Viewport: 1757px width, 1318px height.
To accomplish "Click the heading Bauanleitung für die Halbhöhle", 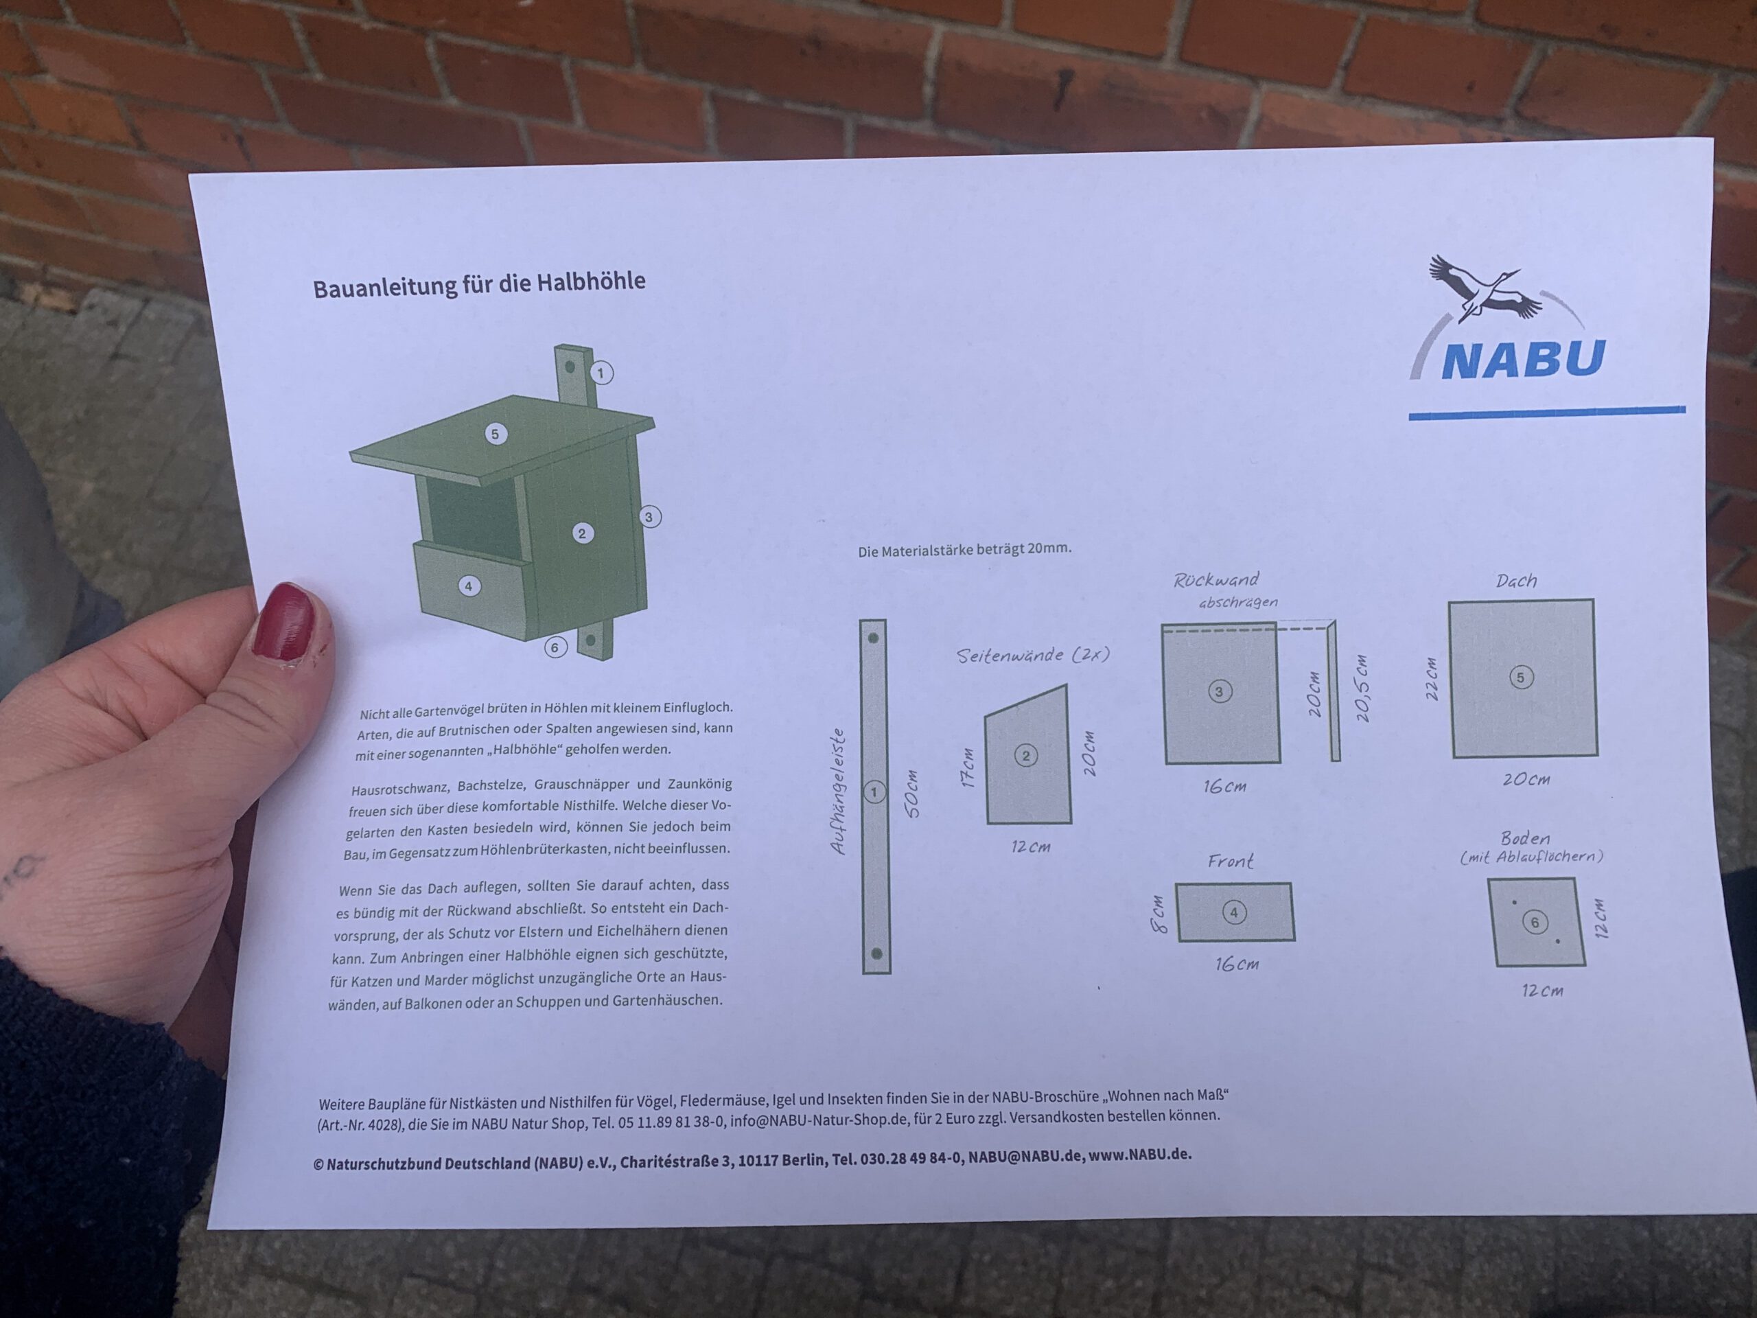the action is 479,284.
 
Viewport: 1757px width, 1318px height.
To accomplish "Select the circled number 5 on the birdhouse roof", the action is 496,434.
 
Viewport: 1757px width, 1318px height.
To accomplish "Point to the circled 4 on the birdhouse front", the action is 469,586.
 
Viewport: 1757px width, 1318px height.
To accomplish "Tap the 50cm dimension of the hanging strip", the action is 913,793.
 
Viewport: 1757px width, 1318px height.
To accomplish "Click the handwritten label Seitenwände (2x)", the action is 1033,655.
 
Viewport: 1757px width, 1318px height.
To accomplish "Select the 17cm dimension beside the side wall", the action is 968,767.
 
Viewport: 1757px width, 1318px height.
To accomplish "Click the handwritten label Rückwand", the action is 1216,580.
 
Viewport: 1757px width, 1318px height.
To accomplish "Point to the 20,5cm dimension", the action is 1362,688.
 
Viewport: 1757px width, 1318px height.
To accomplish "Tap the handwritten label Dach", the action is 1516,581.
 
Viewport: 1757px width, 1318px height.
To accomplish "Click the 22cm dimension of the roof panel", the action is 1432,678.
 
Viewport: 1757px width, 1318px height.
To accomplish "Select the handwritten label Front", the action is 1231,862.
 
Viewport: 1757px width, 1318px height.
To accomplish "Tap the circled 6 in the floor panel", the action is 1535,923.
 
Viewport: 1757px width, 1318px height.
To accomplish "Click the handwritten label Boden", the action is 1525,838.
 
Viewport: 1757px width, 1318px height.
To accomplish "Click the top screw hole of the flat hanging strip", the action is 873,638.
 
